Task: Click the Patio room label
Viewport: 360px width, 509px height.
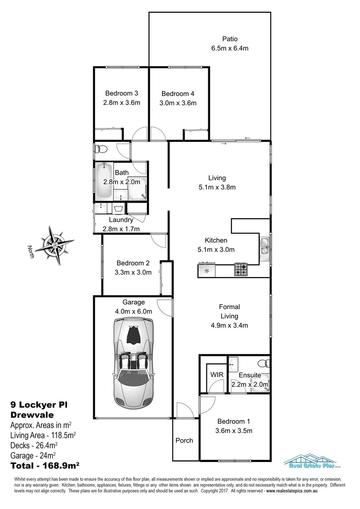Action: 229,39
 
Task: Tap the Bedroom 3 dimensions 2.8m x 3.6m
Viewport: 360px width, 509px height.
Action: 122,103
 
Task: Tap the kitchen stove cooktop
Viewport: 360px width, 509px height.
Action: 241,270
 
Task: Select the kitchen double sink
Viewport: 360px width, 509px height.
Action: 264,248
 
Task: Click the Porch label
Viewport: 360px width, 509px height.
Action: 184,441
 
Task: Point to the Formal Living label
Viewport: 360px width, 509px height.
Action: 229,312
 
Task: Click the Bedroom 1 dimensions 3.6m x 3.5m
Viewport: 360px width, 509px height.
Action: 234,431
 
